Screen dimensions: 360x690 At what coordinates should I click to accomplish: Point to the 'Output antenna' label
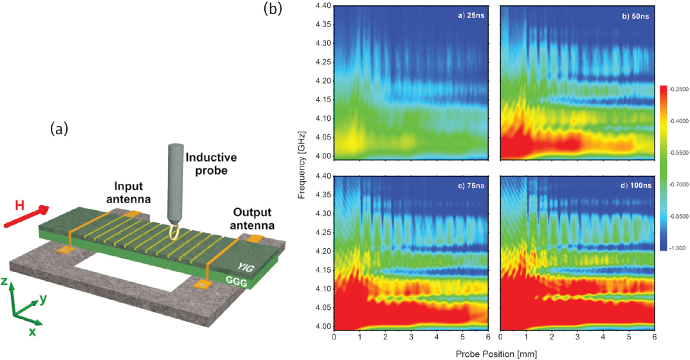coord(253,219)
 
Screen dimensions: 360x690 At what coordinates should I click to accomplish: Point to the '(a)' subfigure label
coord(59,129)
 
